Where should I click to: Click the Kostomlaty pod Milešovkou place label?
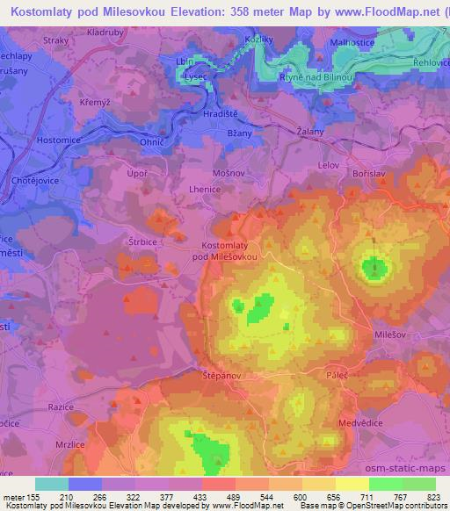[229, 250]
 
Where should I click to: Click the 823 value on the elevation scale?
[434, 497]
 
